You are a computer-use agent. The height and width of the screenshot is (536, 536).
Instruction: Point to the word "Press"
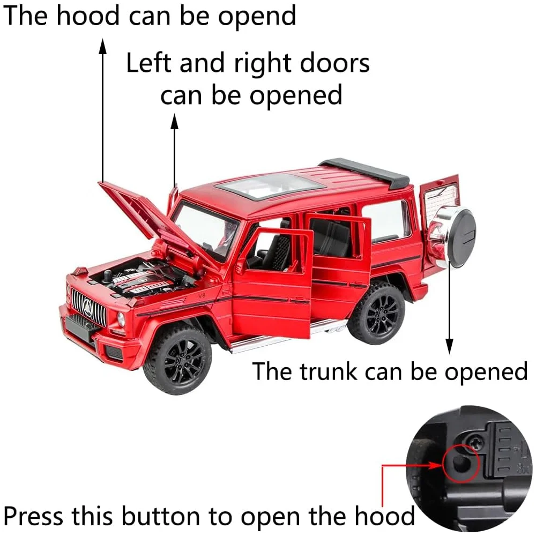(33, 516)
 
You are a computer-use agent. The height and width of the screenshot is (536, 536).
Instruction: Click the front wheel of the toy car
(177, 359)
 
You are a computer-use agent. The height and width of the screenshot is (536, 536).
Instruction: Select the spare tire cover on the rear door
(453, 237)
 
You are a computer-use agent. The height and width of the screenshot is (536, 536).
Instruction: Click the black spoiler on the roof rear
(366, 173)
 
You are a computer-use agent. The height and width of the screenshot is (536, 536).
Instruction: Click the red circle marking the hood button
(461, 464)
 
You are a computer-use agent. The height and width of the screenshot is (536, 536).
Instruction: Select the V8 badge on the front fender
(202, 295)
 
